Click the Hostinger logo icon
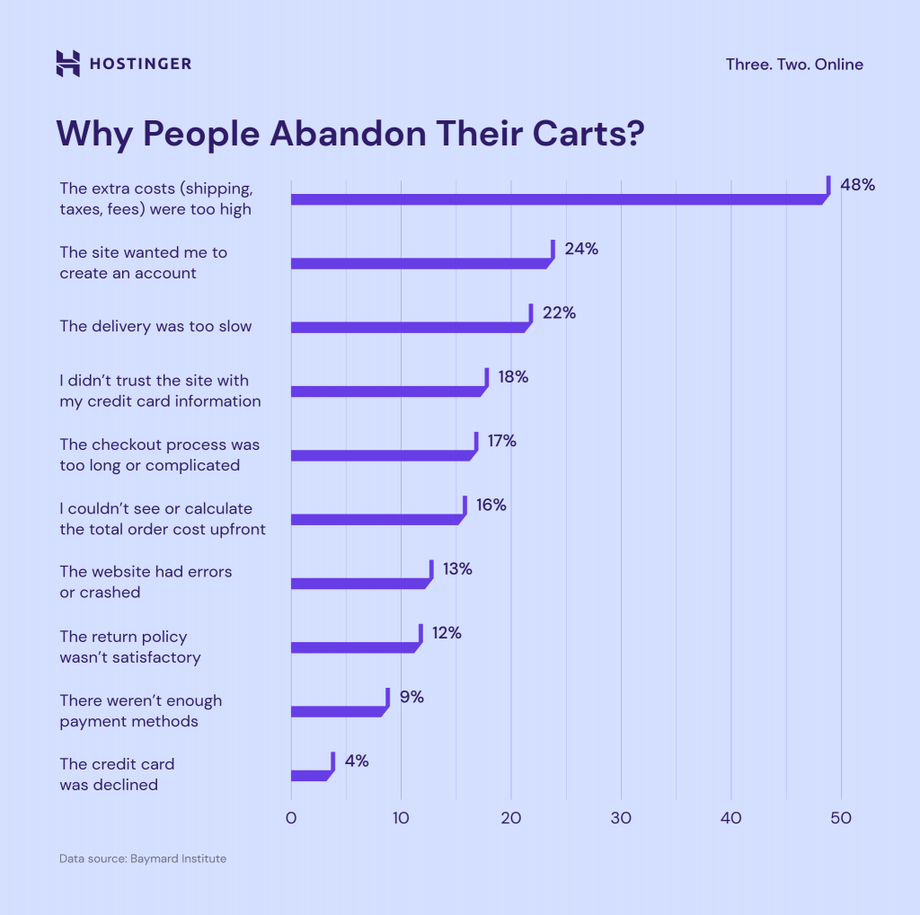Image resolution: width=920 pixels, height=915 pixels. pos(67,64)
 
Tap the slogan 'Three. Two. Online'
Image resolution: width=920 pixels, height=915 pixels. pos(794,65)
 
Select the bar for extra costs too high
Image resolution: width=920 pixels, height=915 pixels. pos(557,198)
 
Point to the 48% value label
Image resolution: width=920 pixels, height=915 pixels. pos(857,185)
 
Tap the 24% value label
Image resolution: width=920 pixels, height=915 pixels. pos(581,249)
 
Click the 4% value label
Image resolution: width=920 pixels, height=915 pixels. pos(356,761)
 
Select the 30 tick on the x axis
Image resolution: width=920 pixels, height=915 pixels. pos(621,818)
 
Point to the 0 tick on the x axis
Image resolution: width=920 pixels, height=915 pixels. pos(291,818)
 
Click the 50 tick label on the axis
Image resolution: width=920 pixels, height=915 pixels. pos(841,818)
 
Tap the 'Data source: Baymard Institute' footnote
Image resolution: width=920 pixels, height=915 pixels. pos(143,858)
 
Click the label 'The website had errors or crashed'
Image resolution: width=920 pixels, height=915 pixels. pos(146,582)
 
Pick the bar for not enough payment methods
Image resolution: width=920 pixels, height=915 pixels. pos(338,711)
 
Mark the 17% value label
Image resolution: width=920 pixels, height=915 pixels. pos(501,441)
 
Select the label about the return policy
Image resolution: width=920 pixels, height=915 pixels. pos(130,647)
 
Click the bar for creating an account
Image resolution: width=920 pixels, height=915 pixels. pos(420,263)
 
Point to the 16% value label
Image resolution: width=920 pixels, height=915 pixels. pos(491,505)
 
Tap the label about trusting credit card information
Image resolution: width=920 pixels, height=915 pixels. pos(160,391)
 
